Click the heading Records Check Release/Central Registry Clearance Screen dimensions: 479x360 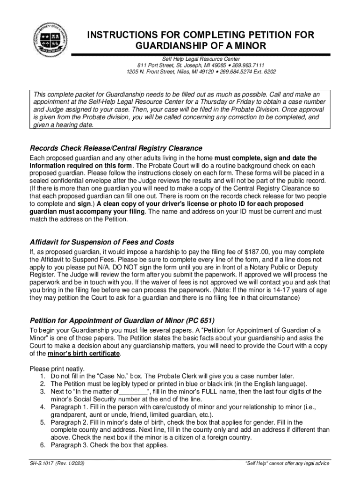coord(116,148)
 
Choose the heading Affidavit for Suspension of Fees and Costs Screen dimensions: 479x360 coord(102,242)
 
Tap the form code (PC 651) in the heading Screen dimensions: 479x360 coord(200,320)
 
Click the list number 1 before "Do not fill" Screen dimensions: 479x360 coord(43,376)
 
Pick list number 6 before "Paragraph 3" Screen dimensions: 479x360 coord(43,445)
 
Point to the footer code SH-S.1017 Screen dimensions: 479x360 coord(41,464)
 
